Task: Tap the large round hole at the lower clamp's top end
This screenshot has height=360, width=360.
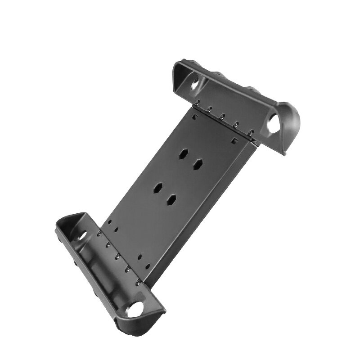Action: point(83,236)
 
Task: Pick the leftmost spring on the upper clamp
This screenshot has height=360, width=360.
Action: point(197,102)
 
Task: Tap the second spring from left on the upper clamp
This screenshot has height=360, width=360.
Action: point(210,109)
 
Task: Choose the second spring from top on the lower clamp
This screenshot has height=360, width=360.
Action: point(108,245)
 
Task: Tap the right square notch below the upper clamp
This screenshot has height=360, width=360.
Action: point(233,140)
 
